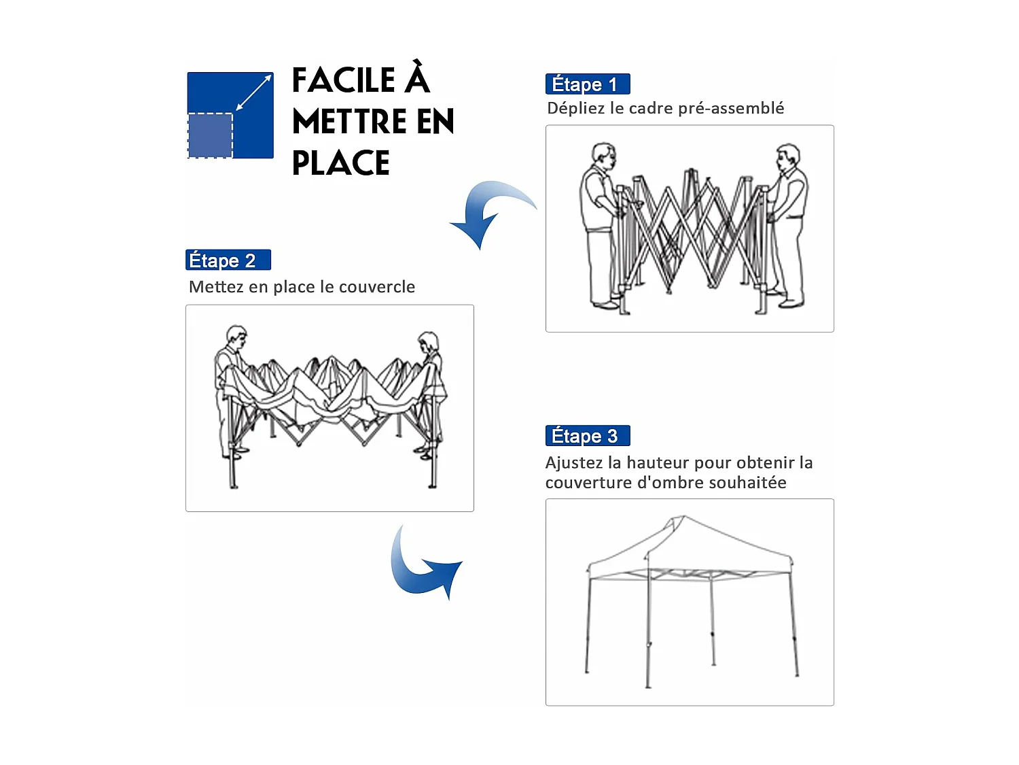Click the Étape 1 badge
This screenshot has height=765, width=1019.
pyautogui.click(x=588, y=84)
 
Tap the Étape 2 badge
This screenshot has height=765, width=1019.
pyautogui.click(x=228, y=260)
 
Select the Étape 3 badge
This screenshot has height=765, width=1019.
pyautogui.click(x=588, y=435)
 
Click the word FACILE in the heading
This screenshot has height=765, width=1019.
pyautogui.click(x=344, y=80)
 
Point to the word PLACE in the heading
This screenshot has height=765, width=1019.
pyautogui.click(x=341, y=163)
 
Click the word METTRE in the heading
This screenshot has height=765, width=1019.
pyautogui.click(x=349, y=122)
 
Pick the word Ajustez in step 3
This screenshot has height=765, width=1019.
pyautogui.click(x=574, y=463)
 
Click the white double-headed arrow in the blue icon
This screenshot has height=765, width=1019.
pyautogui.click(x=253, y=92)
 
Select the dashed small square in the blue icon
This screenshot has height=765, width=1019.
pyautogui.click(x=211, y=135)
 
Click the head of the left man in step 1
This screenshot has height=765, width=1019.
pyautogui.click(x=603, y=156)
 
